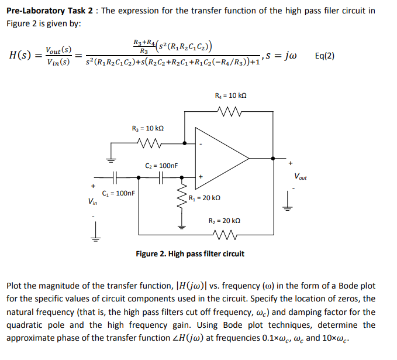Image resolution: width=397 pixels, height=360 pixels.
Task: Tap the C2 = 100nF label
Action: [160, 166]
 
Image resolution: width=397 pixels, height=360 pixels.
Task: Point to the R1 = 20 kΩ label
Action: [204, 198]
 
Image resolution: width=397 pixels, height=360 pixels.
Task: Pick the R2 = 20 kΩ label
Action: [225, 221]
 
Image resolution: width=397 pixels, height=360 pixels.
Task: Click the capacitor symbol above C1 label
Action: [115, 177]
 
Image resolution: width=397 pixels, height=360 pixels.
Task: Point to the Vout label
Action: [302, 176]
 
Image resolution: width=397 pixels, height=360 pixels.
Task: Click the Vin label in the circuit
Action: [92, 202]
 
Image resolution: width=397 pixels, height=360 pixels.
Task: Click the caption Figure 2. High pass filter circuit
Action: [190, 254]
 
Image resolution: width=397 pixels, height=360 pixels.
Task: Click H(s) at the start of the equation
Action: [22, 56]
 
